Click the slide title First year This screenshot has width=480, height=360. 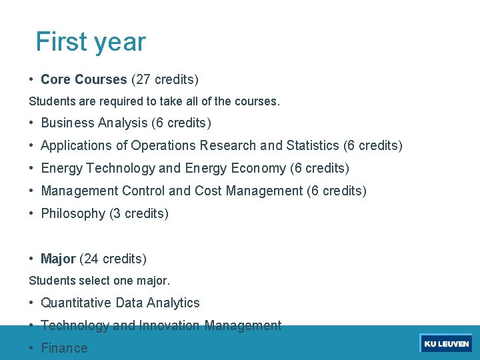[x=90, y=41]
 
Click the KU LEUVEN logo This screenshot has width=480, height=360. [x=446, y=344]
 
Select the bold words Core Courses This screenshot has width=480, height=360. [x=83, y=80]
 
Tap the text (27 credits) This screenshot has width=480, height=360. [x=165, y=80]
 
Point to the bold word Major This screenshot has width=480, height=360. [x=58, y=259]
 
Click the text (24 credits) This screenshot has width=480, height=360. [x=113, y=259]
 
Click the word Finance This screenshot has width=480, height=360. [x=64, y=348]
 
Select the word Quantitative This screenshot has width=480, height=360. [x=76, y=303]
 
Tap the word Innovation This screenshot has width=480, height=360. [x=169, y=325]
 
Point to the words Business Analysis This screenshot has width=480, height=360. [x=94, y=123]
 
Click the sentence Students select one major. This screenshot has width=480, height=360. [x=99, y=281]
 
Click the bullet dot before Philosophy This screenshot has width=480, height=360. [x=32, y=213]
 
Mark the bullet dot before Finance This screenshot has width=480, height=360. [x=32, y=348]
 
